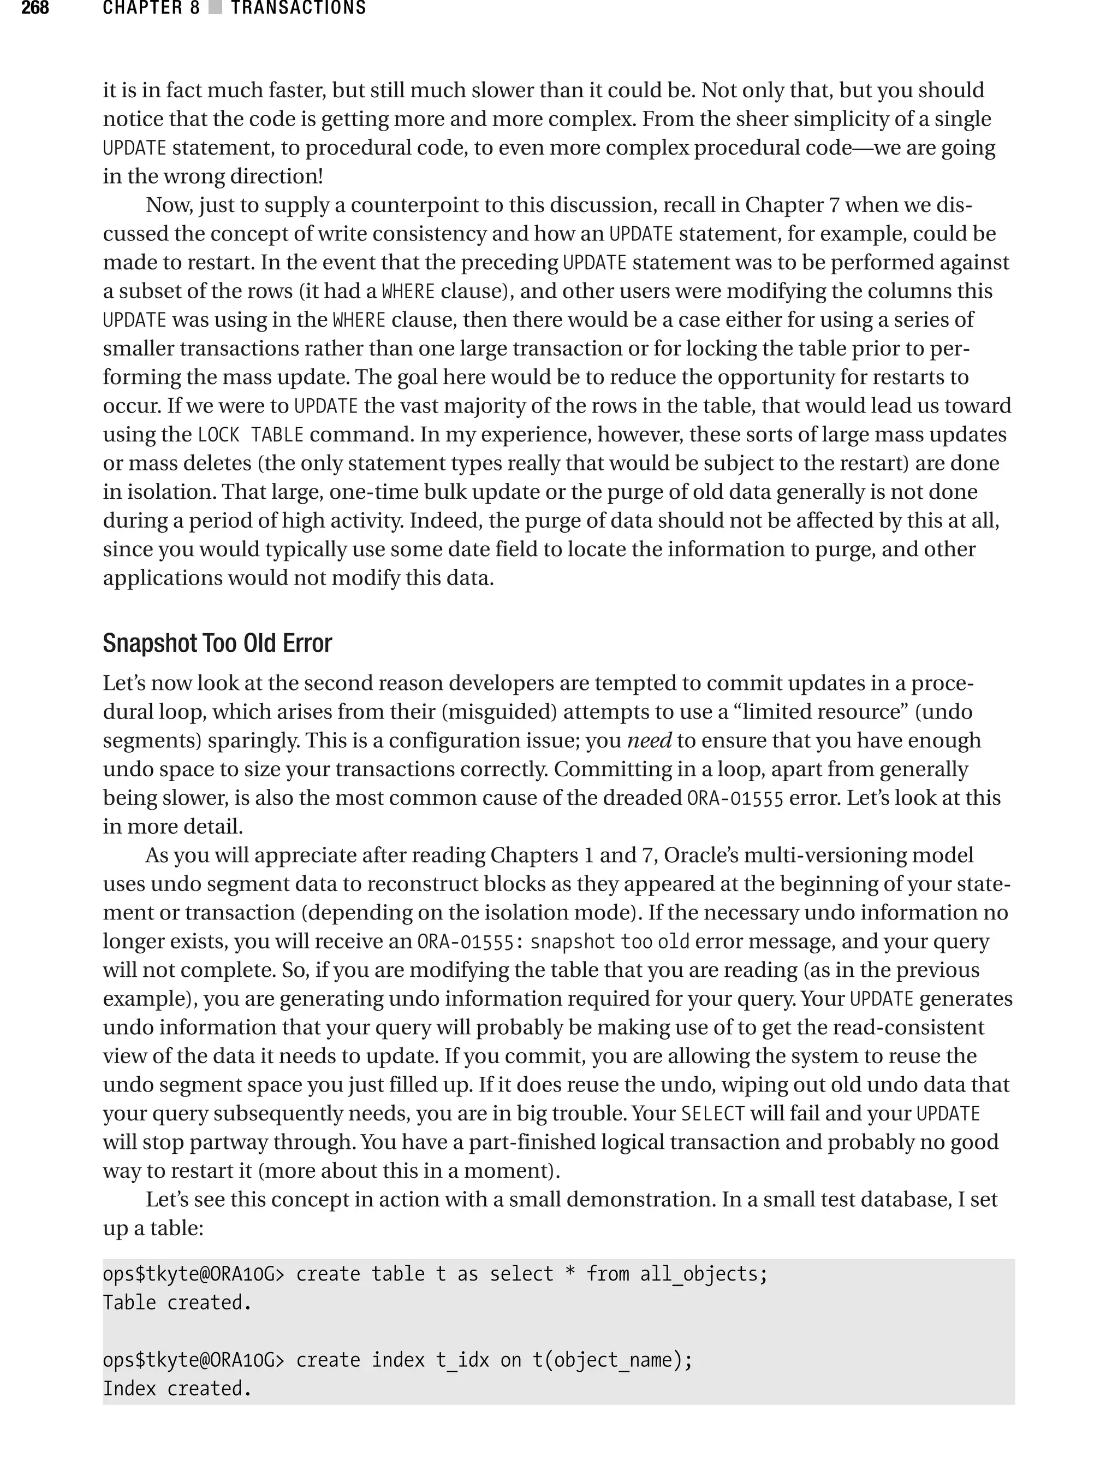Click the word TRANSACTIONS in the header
point(298,8)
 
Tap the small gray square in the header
point(215,8)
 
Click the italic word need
point(650,740)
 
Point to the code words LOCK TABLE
point(251,435)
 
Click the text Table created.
point(177,1302)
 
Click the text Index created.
point(177,1389)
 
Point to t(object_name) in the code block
point(607,1360)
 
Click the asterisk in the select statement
point(570,1274)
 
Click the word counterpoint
point(423,205)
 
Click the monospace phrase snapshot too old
point(610,942)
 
